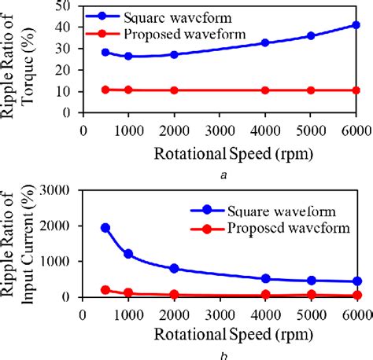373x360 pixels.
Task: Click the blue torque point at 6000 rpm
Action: [356, 25]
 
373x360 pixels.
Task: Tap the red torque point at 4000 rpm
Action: [265, 90]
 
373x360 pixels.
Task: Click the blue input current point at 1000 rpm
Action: [129, 254]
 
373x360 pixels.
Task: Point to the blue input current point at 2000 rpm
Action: [175, 269]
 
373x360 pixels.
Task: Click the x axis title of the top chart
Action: [220, 152]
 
